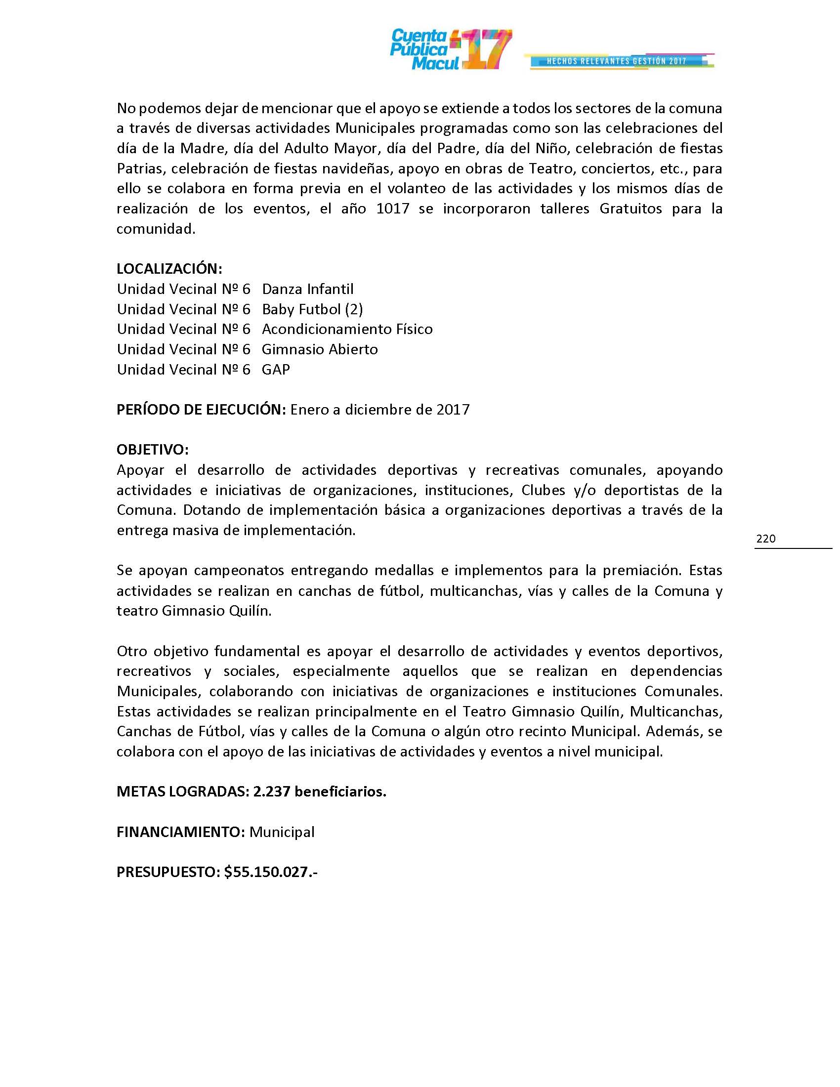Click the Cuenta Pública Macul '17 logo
[x=450, y=49]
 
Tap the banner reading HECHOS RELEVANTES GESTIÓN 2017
[x=617, y=61]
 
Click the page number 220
[x=765, y=539]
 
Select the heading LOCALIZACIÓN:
[x=169, y=269]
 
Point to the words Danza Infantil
[x=307, y=289]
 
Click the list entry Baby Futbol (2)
[x=312, y=309]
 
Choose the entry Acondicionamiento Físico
[x=347, y=329]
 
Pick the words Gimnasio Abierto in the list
[x=320, y=349]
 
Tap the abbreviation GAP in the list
[x=276, y=369]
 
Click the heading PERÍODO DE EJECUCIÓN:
[x=201, y=410]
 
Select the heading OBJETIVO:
[x=152, y=450]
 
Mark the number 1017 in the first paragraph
[x=393, y=209]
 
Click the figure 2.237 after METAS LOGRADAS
[x=271, y=792]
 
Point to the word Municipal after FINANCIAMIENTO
[x=282, y=832]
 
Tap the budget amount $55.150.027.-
[x=271, y=872]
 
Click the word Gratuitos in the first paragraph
[x=630, y=209]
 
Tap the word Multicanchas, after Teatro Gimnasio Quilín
[x=676, y=711]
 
